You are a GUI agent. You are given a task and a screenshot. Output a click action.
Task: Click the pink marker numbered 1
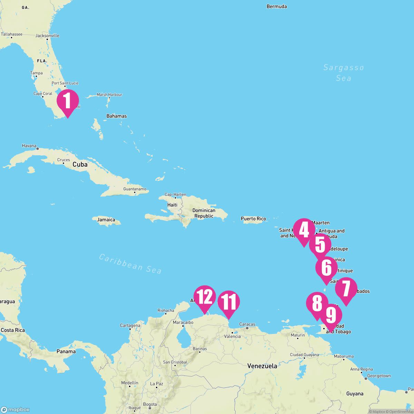pos(68,101)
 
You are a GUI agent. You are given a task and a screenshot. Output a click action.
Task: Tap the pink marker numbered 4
pos(304,230)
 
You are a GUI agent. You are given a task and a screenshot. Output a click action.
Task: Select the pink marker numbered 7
pos(346,288)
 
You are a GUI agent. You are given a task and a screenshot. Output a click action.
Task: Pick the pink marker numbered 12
pos(205,297)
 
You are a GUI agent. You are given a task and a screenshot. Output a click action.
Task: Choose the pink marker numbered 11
pos(229,302)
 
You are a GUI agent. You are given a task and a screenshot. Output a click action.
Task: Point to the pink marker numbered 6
pos(326,268)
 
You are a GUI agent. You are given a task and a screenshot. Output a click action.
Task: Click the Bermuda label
pos(277,7)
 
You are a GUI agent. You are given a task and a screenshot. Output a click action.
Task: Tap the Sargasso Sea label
pos(344,73)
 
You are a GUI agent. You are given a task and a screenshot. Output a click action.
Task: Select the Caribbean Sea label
pos(130,264)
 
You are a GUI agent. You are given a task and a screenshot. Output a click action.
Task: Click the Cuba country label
pos(80,165)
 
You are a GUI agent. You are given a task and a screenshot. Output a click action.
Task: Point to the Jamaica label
pos(106,220)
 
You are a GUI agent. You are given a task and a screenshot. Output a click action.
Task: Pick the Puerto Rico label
pos(253,219)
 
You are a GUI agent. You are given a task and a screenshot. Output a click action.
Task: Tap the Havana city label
pos(29,146)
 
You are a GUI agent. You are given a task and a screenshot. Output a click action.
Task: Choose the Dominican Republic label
pos(204,213)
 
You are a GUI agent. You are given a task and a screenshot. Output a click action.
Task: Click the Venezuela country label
pos(262,366)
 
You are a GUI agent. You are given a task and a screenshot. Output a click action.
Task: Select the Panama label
pos(66,352)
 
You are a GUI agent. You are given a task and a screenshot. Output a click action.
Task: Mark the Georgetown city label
pos(379,376)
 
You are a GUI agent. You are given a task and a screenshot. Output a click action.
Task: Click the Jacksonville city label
pos(48,36)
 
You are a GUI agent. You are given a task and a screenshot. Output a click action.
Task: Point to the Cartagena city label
pos(130,325)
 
